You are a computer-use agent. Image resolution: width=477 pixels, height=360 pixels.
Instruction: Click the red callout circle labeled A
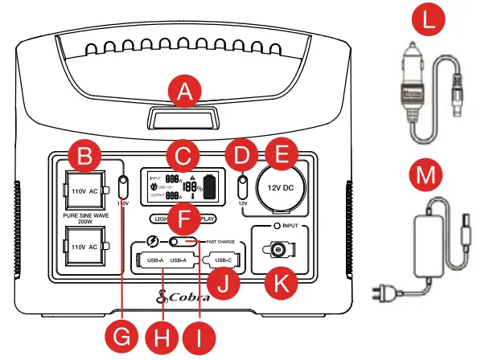click(186, 96)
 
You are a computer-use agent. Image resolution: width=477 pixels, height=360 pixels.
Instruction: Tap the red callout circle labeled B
click(84, 153)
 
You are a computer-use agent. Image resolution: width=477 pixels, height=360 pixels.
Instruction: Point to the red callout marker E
click(281, 157)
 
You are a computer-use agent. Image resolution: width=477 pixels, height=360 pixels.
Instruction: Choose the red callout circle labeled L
click(432, 22)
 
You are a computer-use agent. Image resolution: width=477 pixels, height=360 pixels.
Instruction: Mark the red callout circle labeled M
click(432, 173)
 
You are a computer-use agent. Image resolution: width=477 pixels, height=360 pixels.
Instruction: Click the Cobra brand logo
click(187, 297)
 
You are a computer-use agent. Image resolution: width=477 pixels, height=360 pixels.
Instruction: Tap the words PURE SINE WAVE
click(84, 218)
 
